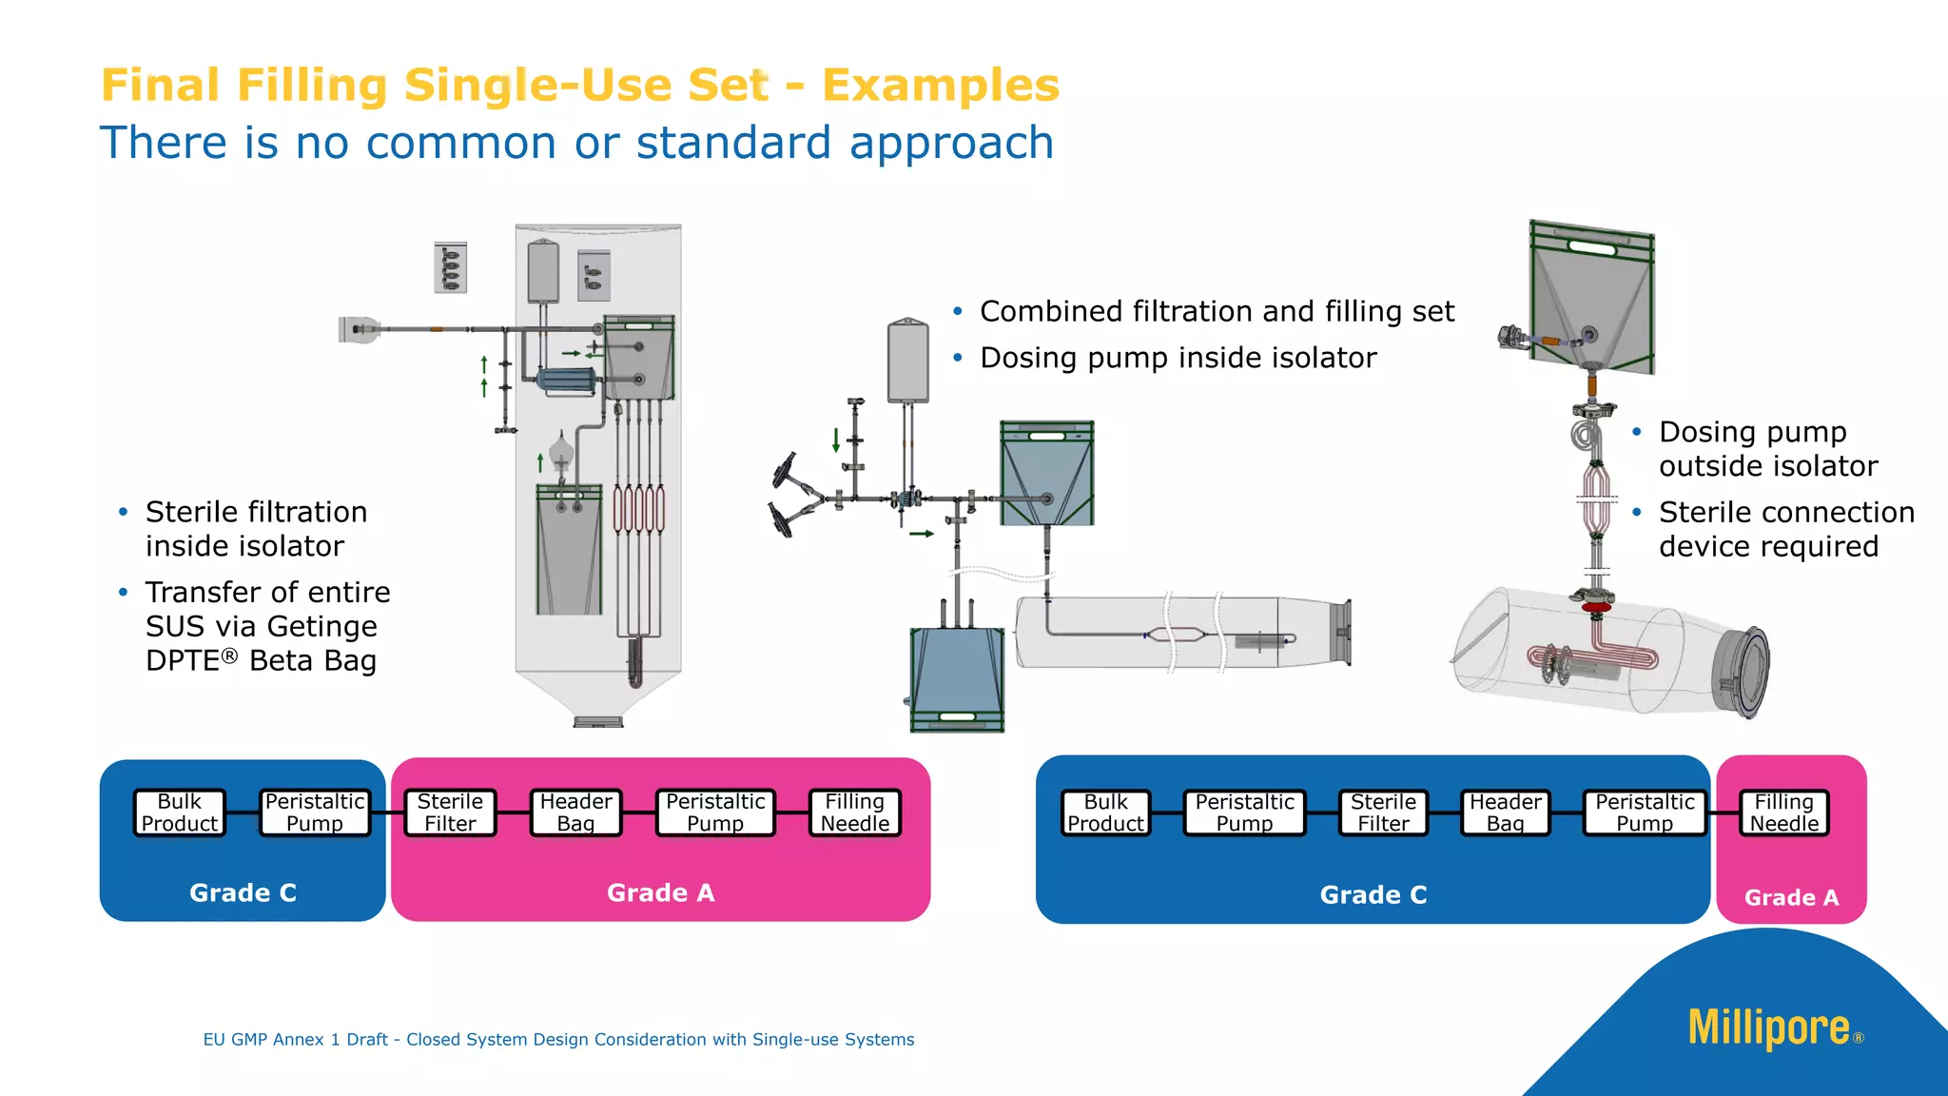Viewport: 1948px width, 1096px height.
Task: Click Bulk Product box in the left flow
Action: coord(180,812)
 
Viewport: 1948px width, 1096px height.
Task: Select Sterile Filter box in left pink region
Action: coord(450,812)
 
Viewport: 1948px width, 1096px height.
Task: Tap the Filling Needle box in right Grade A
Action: coord(1784,812)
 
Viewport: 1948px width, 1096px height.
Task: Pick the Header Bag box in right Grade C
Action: coord(1505,812)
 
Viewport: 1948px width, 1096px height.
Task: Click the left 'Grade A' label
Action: coord(660,892)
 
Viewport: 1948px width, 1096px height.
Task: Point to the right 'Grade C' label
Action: coord(1373,894)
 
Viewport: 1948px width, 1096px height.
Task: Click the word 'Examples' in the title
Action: coord(940,85)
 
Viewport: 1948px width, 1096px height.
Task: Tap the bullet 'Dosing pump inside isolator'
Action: coord(1178,358)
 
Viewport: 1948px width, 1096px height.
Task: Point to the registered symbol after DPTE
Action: coord(229,656)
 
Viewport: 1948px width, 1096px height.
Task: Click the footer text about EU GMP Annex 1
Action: coord(558,1040)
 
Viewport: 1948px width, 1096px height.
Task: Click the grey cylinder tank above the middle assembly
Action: coord(907,362)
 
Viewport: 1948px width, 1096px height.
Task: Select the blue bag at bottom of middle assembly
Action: coord(957,678)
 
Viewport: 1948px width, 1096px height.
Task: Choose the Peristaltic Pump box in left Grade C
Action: coord(315,812)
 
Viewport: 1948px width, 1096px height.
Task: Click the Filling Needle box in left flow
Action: coord(854,812)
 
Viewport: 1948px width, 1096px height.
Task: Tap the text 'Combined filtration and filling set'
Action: coord(1217,311)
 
